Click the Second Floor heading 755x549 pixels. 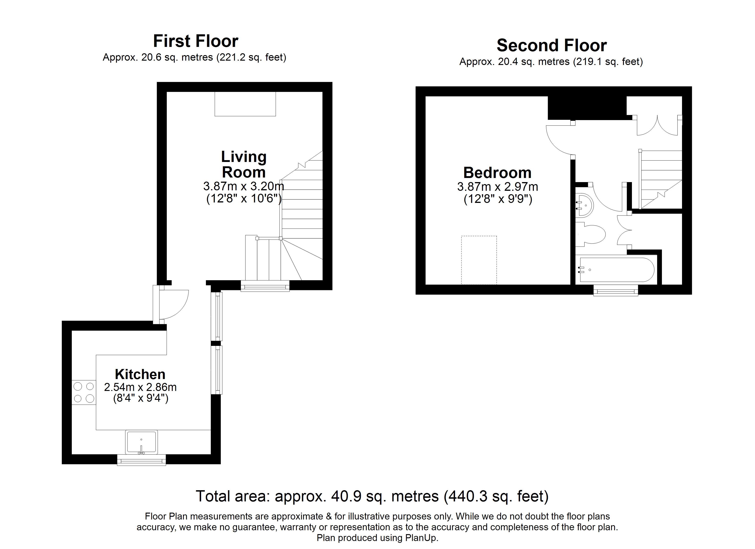(x=552, y=45)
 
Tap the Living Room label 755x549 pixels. (x=244, y=164)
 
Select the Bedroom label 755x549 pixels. (x=497, y=173)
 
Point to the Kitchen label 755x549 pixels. (x=140, y=374)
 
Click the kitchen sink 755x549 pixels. (x=141, y=442)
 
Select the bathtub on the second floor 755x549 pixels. (x=617, y=270)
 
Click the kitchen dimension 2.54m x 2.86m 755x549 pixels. (x=140, y=387)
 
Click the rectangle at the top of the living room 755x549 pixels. (x=245, y=104)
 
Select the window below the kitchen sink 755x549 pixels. (x=141, y=460)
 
